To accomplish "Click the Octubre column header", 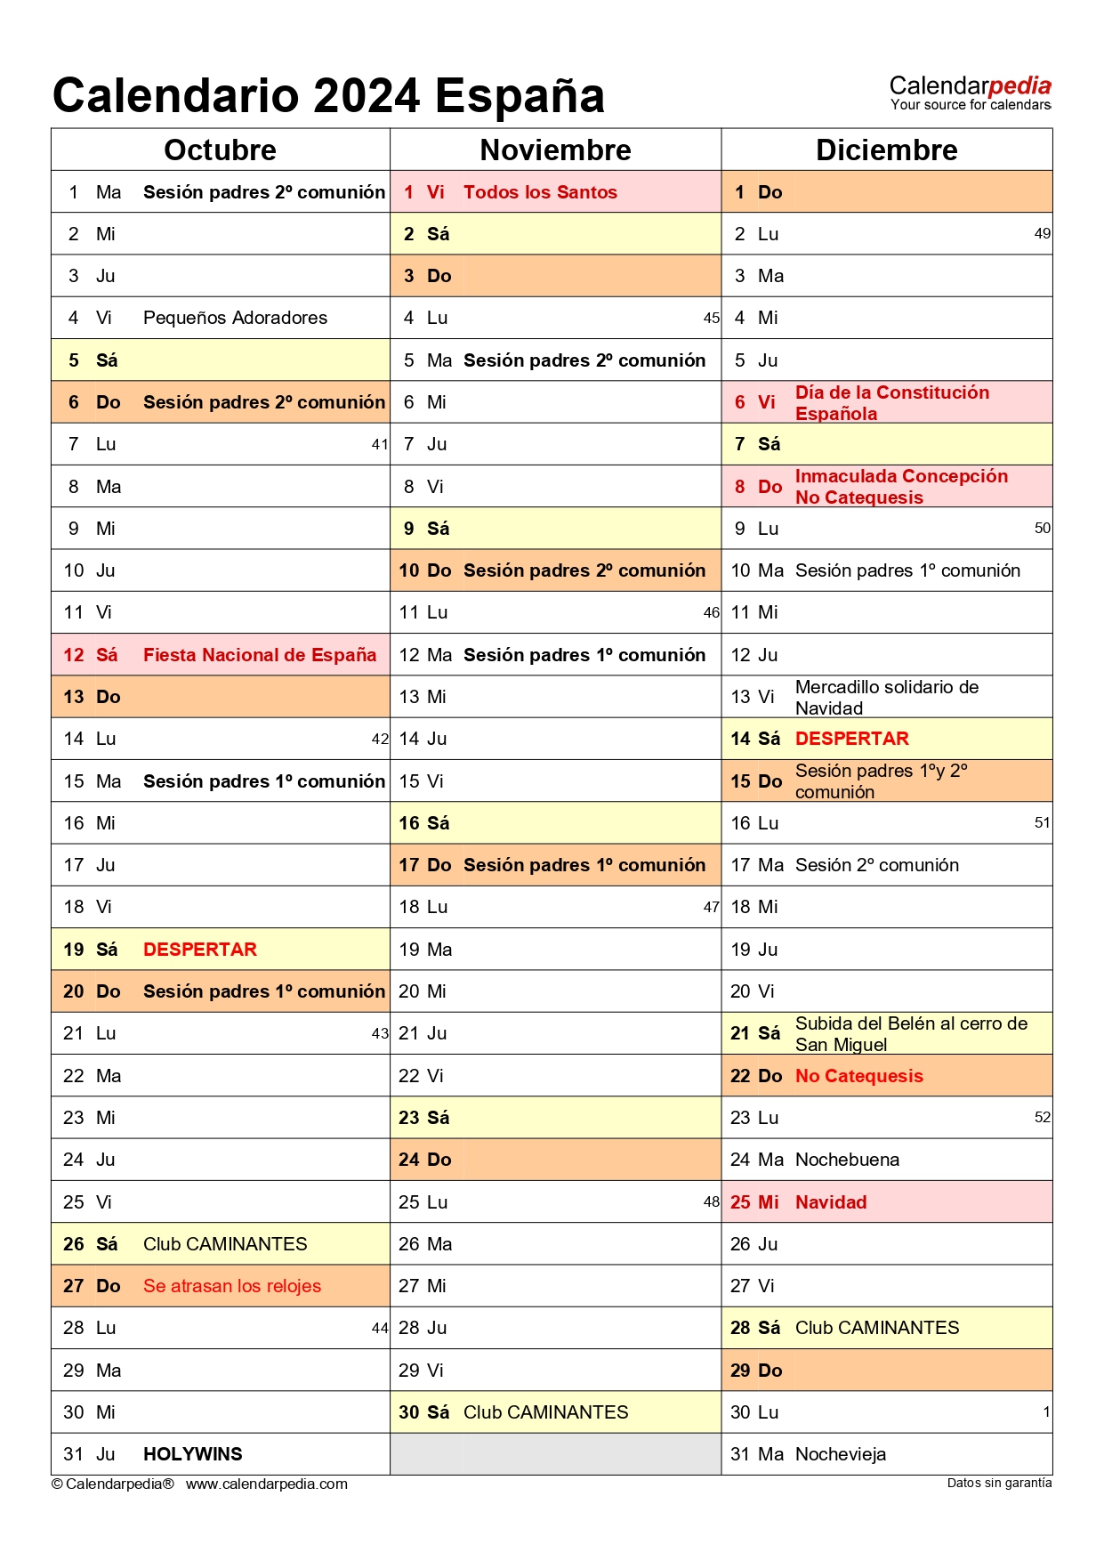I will coord(220,150).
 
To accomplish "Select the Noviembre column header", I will coord(555,150).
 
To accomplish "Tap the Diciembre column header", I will coord(886,150).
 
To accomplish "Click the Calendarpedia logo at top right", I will coord(970,92).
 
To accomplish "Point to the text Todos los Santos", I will coord(540,192).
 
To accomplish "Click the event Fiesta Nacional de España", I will coord(260,655).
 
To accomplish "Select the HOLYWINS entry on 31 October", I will coord(193,1454).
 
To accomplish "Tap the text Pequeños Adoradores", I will coord(235,318).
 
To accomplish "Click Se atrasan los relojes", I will coord(232,1286).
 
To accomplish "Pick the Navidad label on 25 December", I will coord(831,1202).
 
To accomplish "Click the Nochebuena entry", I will coord(847,1160).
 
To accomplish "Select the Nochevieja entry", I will coord(841,1454).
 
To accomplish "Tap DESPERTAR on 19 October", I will coord(200,950).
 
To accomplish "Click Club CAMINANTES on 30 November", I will coord(545,1412).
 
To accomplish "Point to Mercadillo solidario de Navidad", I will coord(886,697).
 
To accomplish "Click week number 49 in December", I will coord(1043,234).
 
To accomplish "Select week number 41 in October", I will coord(380,444).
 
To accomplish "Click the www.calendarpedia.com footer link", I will coord(267,1484).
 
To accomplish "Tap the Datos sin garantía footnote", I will coord(999,1483).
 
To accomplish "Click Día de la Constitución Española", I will coord(891,402).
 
